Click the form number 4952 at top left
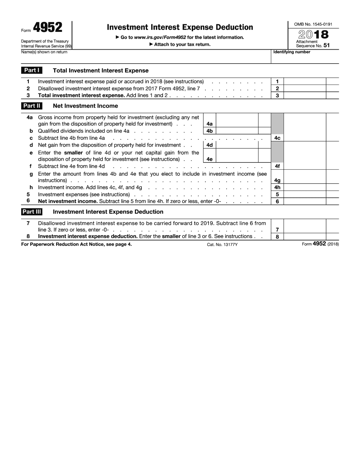click(47, 28)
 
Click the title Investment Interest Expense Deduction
click(180, 27)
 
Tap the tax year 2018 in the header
click(313, 34)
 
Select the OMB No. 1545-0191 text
click(313, 24)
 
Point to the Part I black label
click(31, 70)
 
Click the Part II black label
click(32, 106)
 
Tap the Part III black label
click(32, 212)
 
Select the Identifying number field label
click(292, 52)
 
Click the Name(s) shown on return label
click(44, 52)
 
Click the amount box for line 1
click(305, 81)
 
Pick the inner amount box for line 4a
click(237, 120)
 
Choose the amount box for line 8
click(305, 237)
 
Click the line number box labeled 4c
click(277, 138)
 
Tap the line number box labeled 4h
click(277, 188)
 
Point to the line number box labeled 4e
click(210, 159)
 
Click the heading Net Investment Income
click(85, 106)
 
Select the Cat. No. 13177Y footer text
click(222, 245)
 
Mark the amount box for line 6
click(305, 202)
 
